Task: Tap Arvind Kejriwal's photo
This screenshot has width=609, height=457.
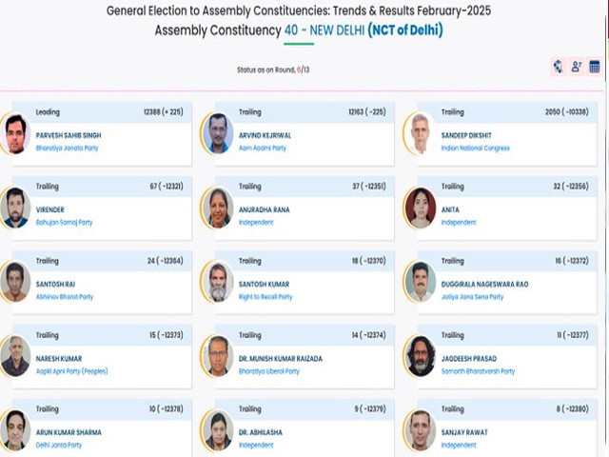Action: (218, 135)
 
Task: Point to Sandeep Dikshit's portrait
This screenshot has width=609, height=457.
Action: (420, 135)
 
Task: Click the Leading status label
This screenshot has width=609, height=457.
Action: (48, 111)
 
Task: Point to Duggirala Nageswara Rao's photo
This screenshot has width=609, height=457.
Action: (420, 283)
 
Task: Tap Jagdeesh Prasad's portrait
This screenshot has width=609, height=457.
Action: (420, 357)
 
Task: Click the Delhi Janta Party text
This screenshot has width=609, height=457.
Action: (59, 445)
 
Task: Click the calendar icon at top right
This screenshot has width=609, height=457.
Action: (595, 67)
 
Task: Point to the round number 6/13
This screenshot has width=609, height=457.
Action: (303, 70)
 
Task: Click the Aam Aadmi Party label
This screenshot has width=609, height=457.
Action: (263, 148)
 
